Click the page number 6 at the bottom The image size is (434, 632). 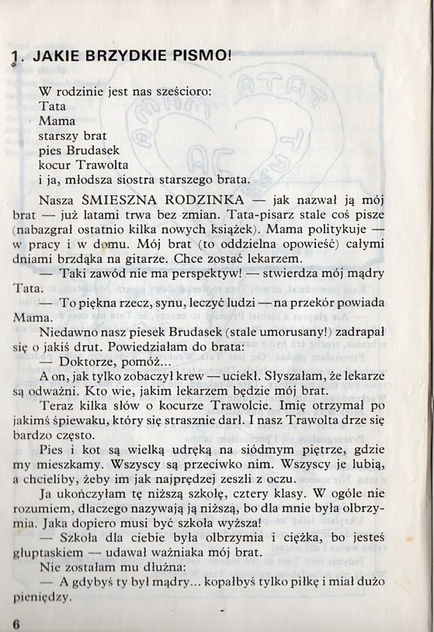coord(16,623)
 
